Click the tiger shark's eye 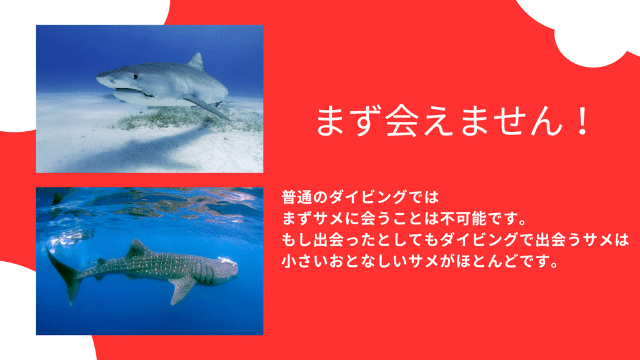[135, 76]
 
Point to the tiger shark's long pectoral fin [207, 107]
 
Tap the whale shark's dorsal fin [137, 249]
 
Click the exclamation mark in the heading [581, 121]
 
